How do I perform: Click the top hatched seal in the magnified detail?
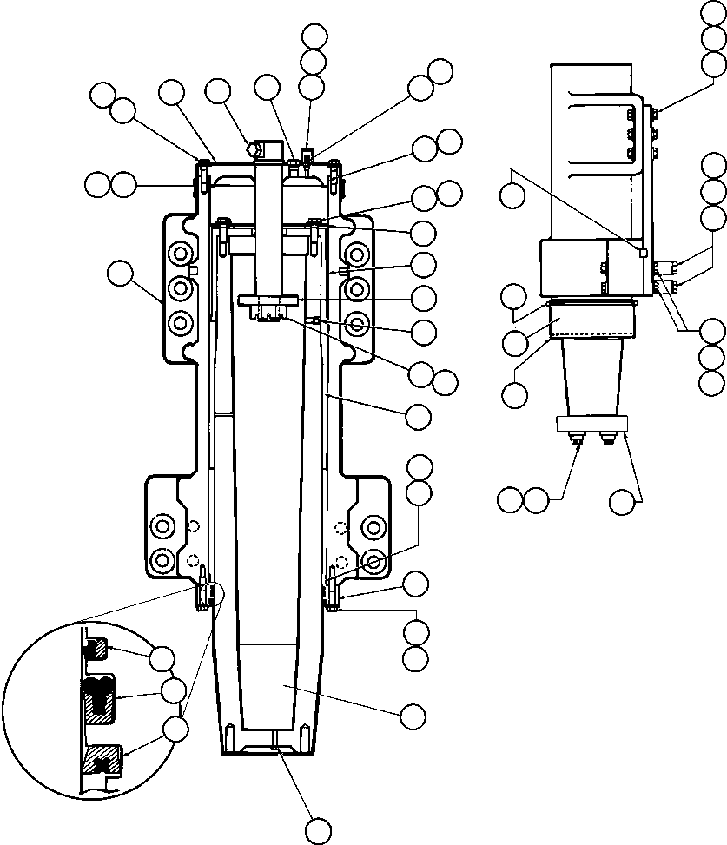(96, 647)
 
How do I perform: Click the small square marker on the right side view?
(642, 253)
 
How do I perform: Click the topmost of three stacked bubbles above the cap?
(314, 36)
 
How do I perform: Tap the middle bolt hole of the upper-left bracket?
(180, 287)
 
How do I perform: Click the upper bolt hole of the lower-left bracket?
(161, 526)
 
